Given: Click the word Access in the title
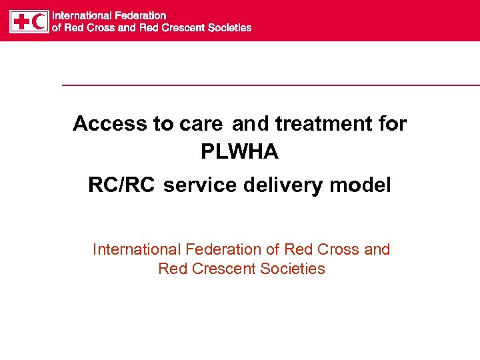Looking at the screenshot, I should [110, 123].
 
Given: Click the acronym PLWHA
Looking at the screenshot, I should [239, 153].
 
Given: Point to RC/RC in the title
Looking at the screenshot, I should [121, 185].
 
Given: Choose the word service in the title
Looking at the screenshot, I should [199, 185].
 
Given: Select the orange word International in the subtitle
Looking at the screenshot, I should [137, 249].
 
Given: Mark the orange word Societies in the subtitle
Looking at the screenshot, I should [293, 269].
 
